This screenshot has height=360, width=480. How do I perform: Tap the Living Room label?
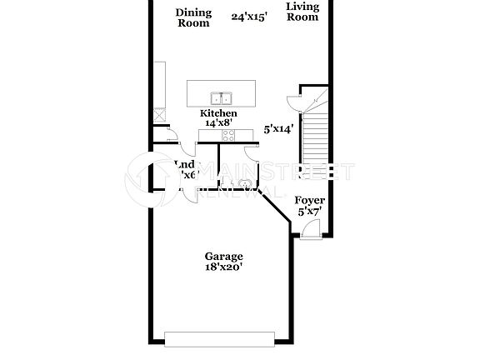302,12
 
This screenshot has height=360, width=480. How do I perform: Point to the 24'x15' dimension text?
249,16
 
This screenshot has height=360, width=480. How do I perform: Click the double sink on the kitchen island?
222,97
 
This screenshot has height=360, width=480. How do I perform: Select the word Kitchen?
217,113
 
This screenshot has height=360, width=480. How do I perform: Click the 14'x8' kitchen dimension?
217,123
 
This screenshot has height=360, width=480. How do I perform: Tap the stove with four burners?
228,135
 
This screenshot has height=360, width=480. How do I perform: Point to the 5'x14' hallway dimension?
279,129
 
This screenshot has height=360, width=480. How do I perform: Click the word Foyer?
310,201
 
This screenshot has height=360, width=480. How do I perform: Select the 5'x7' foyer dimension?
310,212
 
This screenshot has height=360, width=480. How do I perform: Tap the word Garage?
224,256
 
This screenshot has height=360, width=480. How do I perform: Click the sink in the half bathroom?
245,183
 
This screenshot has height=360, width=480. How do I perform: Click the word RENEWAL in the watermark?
226,191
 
